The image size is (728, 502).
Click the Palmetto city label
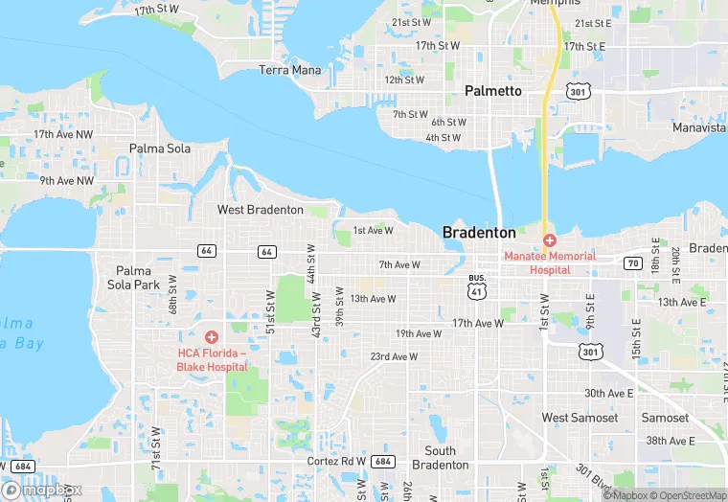click(493, 91)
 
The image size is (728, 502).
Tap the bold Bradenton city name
click(479, 233)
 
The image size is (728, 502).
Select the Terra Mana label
click(289, 70)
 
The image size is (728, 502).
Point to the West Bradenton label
click(261, 210)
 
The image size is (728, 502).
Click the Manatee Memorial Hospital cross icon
click(550, 240)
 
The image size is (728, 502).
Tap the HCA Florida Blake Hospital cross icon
click(211, 336)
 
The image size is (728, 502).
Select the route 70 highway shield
click(632, 262)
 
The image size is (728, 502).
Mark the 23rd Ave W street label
click(395, 357)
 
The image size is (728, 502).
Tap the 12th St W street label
click(405, 80)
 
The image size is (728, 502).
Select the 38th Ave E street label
click(669, 441)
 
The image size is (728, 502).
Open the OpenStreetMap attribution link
click(690, 494)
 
